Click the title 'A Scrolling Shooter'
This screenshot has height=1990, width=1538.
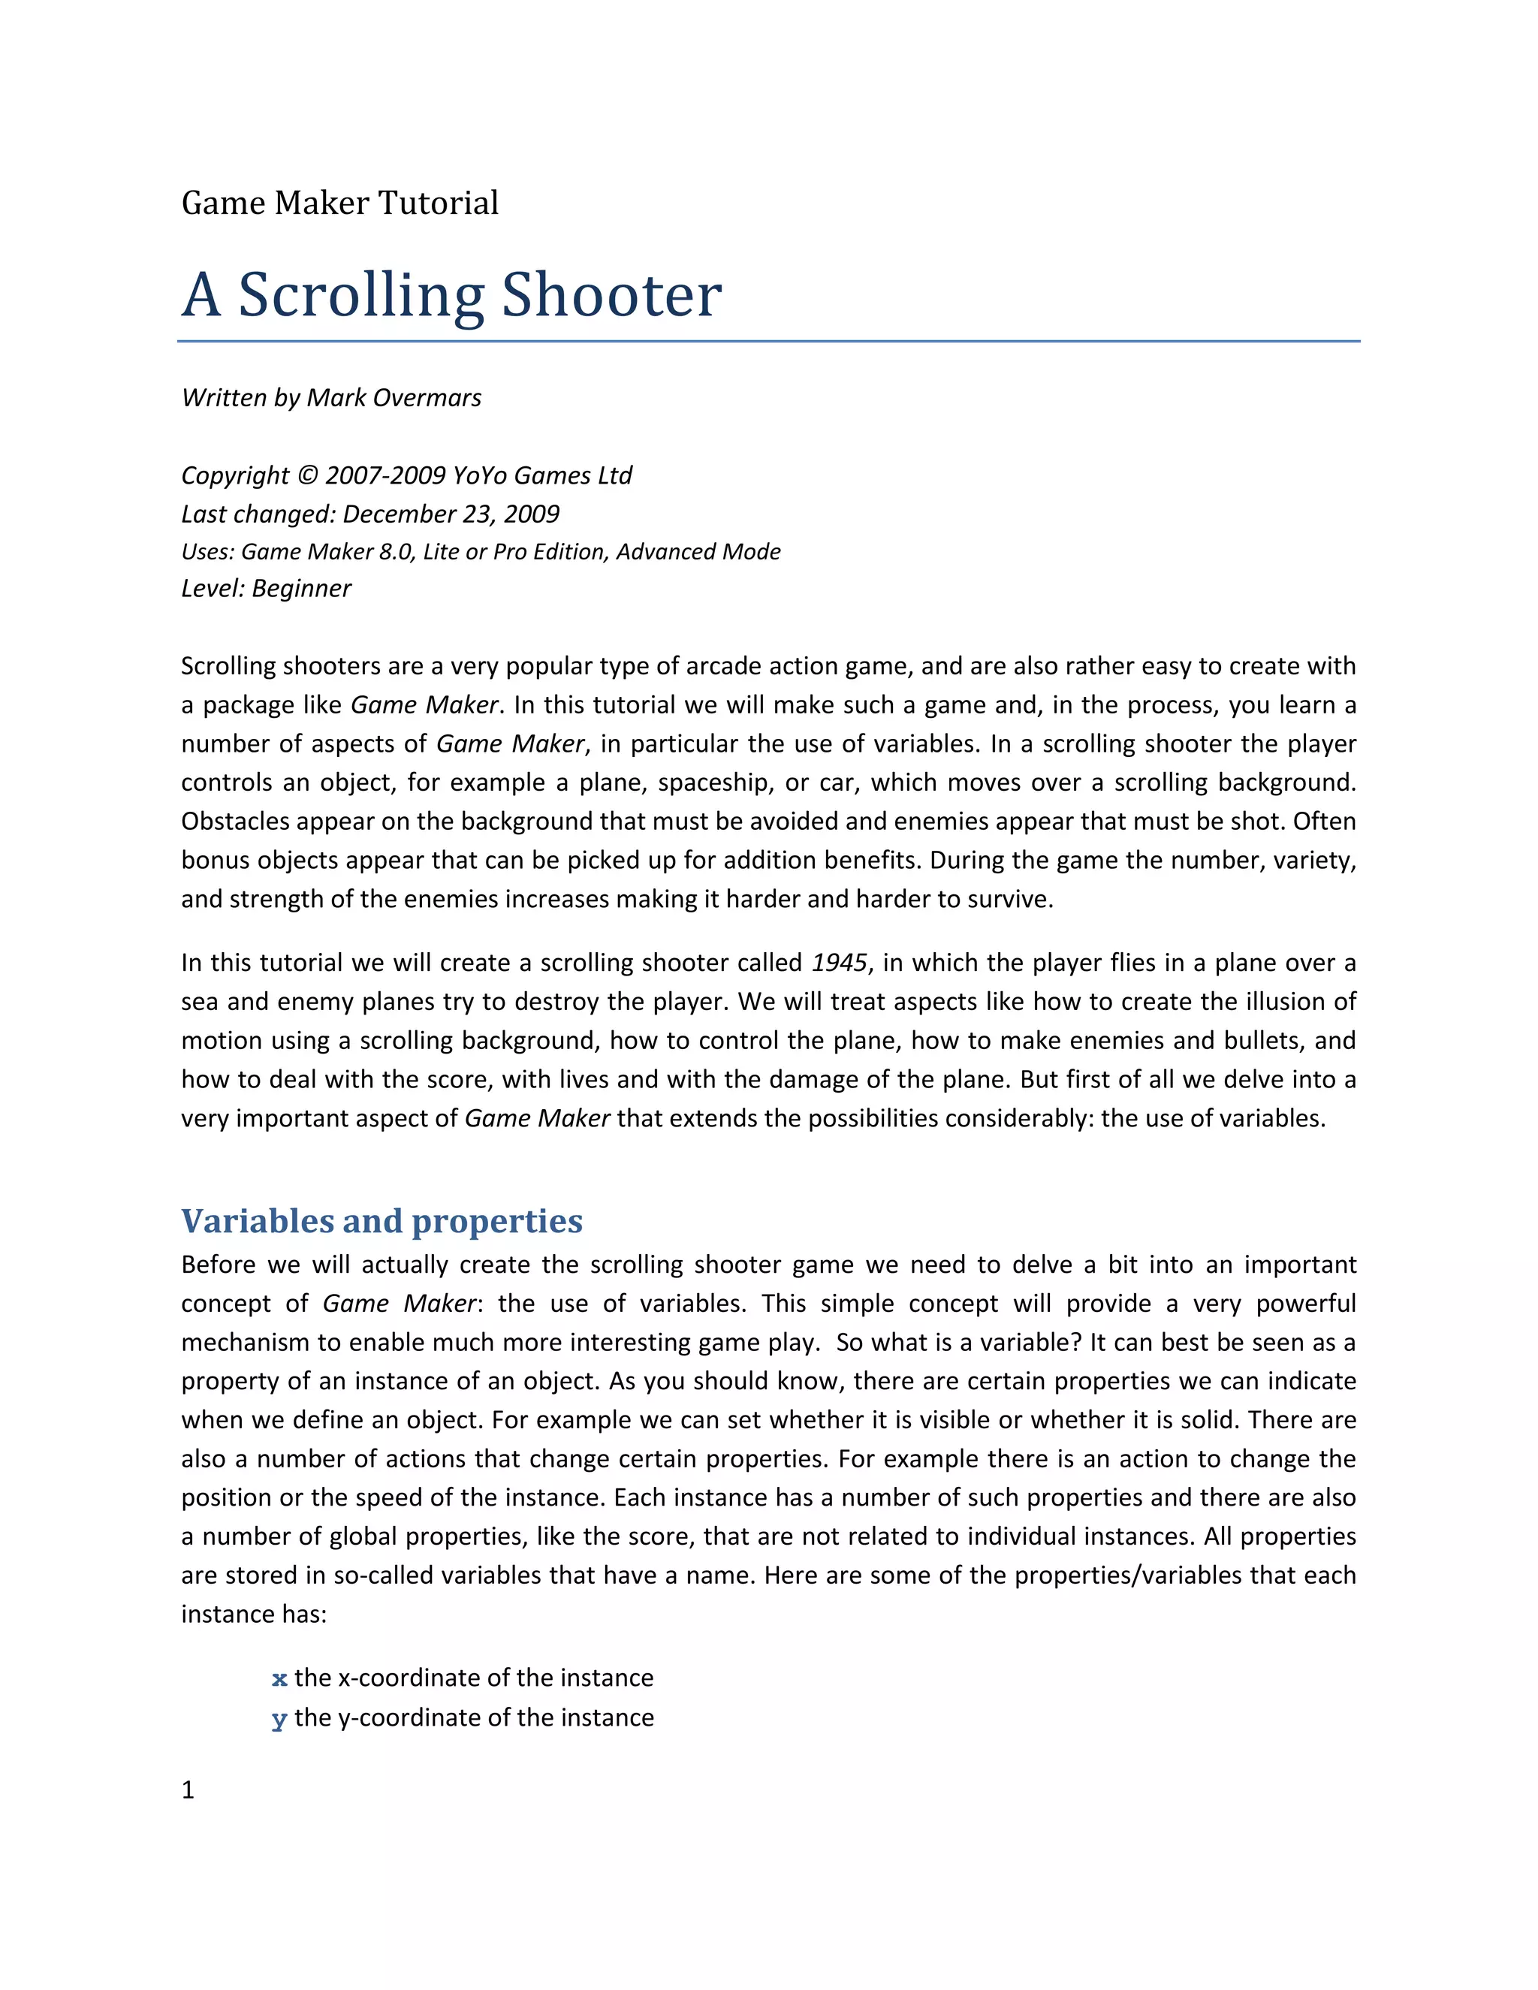[x=451, y=295]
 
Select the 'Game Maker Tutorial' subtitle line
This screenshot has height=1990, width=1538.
[x=340, y=202]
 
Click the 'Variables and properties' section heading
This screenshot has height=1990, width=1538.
[x=381, y=1221]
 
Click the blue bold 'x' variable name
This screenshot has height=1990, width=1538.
[x=279, y=1678]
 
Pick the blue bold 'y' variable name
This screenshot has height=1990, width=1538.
[x=279, y=1718]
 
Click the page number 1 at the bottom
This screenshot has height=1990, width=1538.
[x=188, y=1790]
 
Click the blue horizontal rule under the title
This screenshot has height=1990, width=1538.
[x=768, y=342]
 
